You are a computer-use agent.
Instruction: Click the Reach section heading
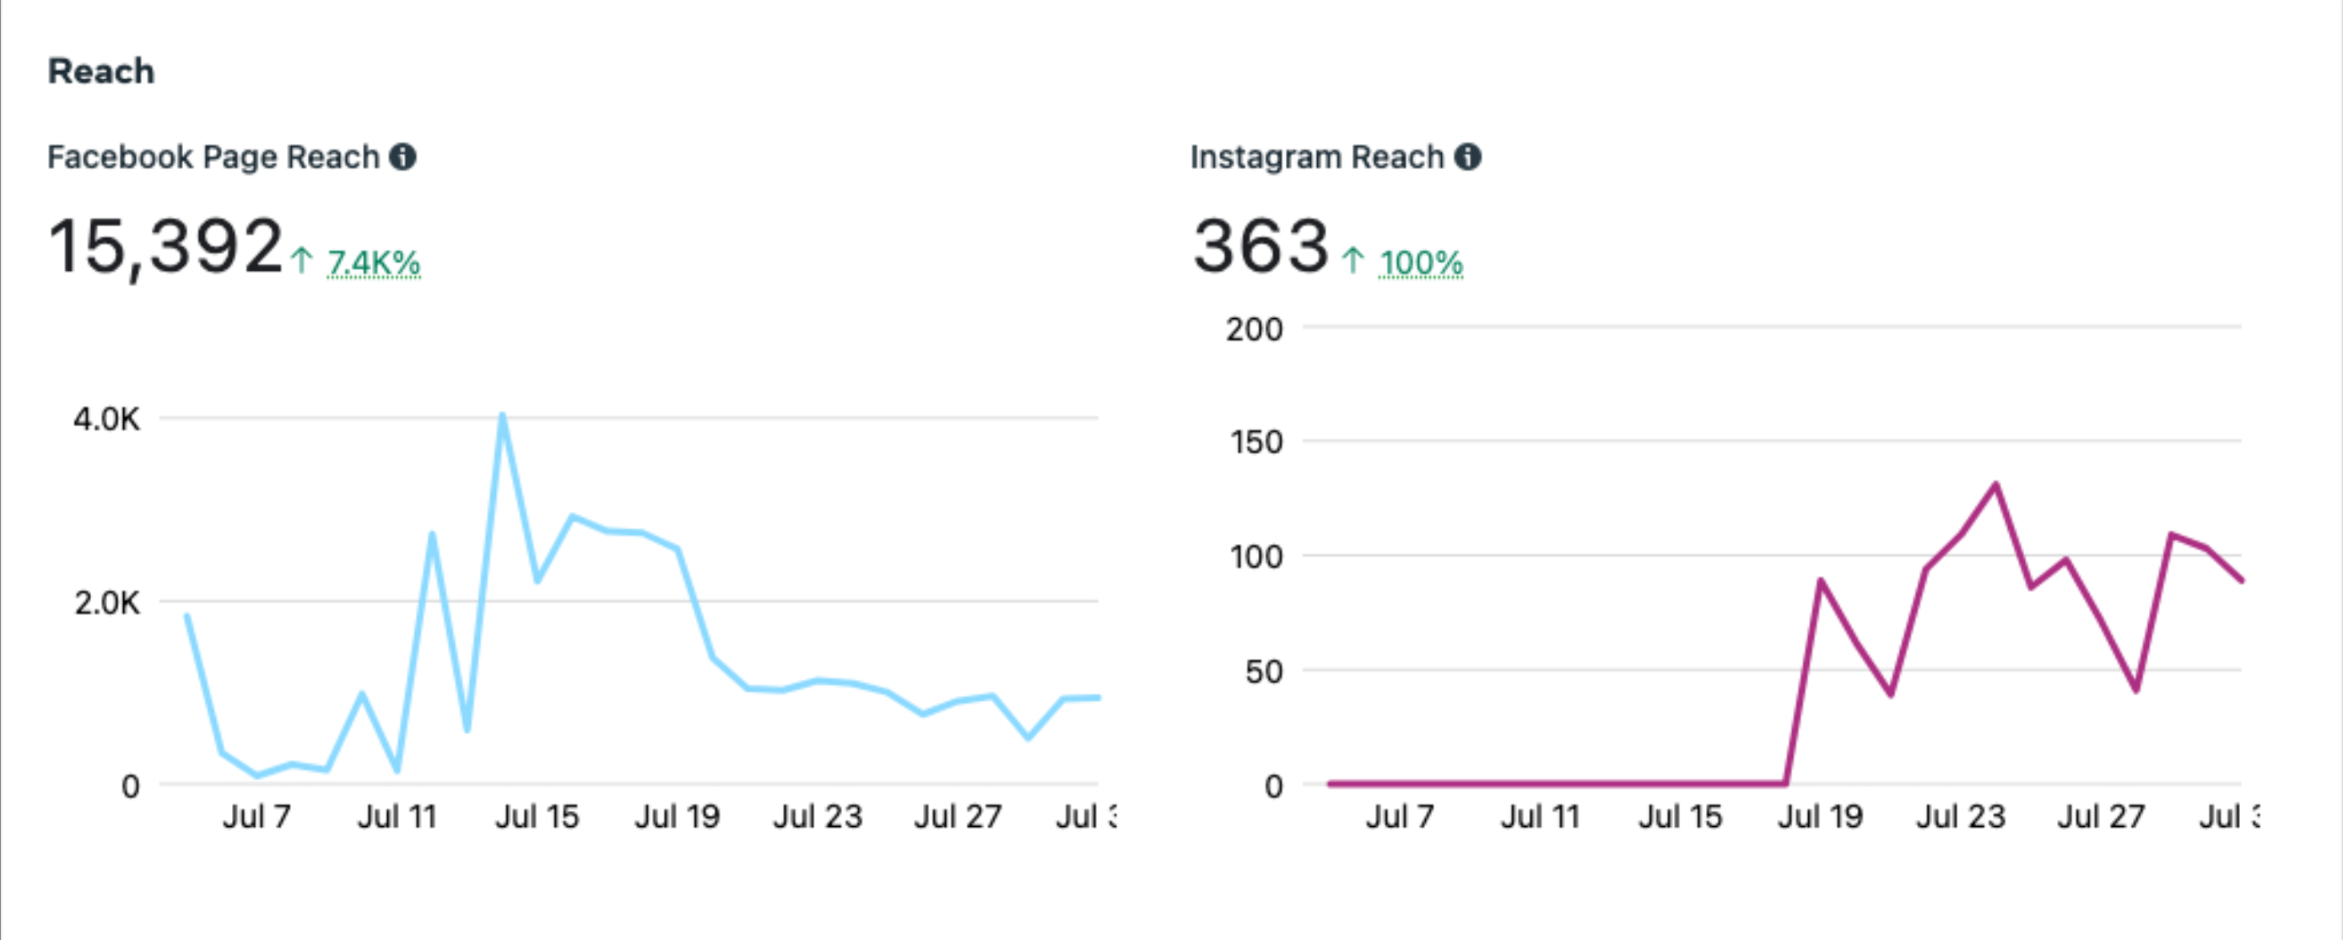click(101, 71)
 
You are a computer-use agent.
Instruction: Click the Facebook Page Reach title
click(213, 158)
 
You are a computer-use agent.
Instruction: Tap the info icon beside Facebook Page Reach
click(403, 158)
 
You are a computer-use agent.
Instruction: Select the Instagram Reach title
click(1316, 158)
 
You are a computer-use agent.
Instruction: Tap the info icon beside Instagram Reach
click(1467, 158)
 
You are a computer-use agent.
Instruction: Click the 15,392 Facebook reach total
click(165, 246)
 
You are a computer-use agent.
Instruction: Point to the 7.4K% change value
click(373, 263)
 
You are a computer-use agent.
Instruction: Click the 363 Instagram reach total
click(1261, 246)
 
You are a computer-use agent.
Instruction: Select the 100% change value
click(1420, 263)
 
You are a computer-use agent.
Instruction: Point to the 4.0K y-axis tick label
click(107, 419)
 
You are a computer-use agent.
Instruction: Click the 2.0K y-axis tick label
click(107, 602)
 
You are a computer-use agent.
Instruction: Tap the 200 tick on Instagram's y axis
click(1254, 329)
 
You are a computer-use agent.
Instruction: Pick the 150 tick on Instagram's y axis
click(1255, 442)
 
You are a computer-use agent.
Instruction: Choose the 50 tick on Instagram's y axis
click(1263, 672)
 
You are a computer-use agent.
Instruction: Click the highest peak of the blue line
click(502, 416)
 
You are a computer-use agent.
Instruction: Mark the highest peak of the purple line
click(1995, 484)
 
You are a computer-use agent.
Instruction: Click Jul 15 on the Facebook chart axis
click(537, 816)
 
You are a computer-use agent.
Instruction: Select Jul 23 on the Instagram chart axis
click(1960, 816)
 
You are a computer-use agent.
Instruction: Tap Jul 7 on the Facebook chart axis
click(256, 816)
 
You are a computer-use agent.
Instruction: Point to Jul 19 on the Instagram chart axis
click(1820, 816)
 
